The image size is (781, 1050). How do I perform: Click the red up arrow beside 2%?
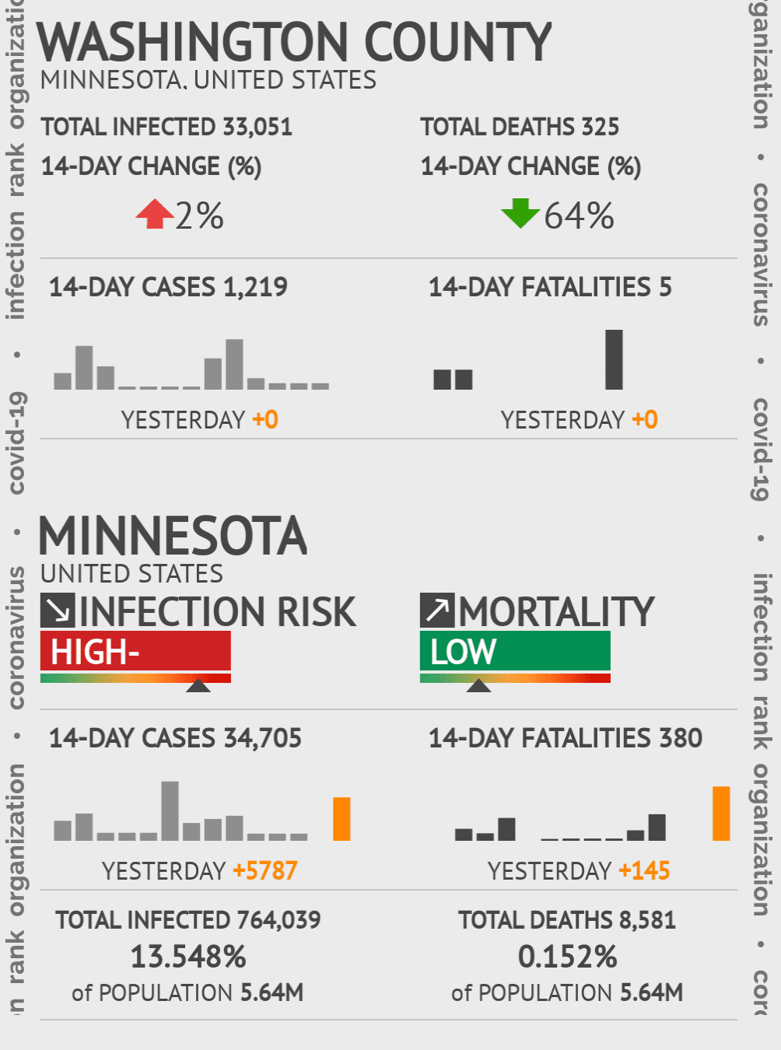click(155, 214)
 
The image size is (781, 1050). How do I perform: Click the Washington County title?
click(294, 43)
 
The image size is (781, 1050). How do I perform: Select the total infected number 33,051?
click(257, 127)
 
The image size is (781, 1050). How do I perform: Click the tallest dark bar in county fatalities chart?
click(614, 359)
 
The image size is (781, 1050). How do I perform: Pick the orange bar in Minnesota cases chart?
click(341, 819)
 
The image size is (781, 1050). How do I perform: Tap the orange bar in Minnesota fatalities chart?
click(721, 814)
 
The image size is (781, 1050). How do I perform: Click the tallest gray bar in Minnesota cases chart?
click(170, 811)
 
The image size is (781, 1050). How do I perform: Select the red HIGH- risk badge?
click(135, 651)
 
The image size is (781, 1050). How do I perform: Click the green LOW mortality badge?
click(515, 651)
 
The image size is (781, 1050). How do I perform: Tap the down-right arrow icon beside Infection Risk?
click(58, 611)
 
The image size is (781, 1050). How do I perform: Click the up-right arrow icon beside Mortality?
click(437, 611)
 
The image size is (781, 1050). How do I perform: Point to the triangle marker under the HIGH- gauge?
click(198, 685)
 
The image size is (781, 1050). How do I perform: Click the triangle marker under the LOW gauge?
click(478, 685)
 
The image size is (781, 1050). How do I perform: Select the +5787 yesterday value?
click(265, 870)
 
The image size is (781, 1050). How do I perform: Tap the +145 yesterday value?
click(644, 870)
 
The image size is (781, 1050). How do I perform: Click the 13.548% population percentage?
click(188, 957)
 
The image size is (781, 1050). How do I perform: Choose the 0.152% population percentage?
click(567, 957)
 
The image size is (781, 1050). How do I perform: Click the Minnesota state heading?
click(173, 536)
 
